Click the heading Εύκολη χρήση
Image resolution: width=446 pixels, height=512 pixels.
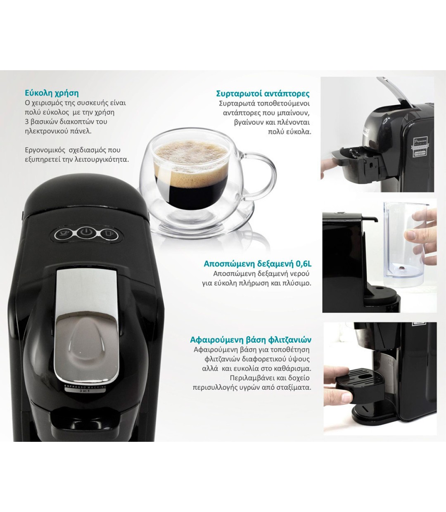52,93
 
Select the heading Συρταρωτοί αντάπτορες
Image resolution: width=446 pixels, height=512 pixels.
263,94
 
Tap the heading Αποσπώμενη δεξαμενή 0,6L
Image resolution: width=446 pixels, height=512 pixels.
258,264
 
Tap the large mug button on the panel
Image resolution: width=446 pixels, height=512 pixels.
109,234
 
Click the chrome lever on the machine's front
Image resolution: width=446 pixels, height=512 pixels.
86,328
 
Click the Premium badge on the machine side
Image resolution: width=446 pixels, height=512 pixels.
420,147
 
